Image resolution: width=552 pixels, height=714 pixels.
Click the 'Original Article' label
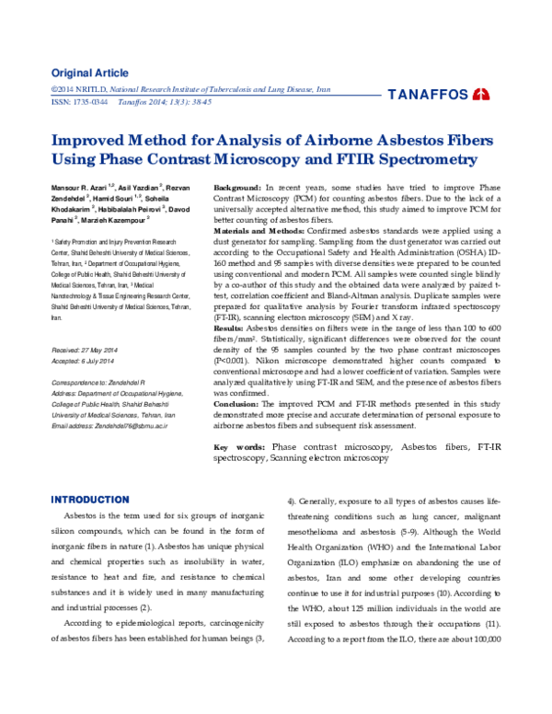click(x=88, y=73)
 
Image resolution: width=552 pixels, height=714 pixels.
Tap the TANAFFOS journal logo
click(x=439, y=94)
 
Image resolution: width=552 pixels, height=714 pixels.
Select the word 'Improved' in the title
click(x=95, y=142)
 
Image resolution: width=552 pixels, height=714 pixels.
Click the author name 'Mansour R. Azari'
click(x=79, y=188)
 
